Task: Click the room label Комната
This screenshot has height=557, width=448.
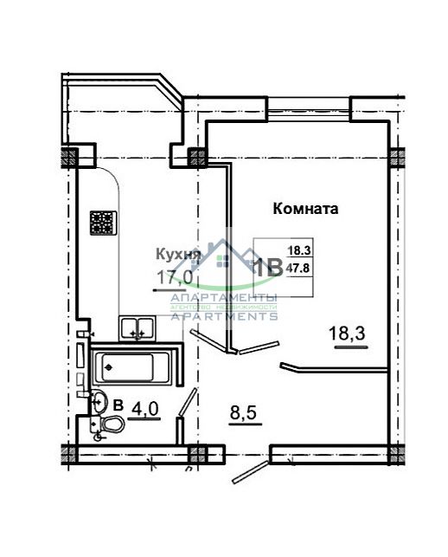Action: point(304,209)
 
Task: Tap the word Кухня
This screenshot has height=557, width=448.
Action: point(178,255)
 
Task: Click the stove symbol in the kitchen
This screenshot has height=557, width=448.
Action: point(103,224)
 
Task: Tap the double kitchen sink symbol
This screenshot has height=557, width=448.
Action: point(136,327)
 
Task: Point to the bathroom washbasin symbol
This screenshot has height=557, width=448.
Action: point(99,399)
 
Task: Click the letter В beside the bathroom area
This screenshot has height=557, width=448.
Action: point(118,404)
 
